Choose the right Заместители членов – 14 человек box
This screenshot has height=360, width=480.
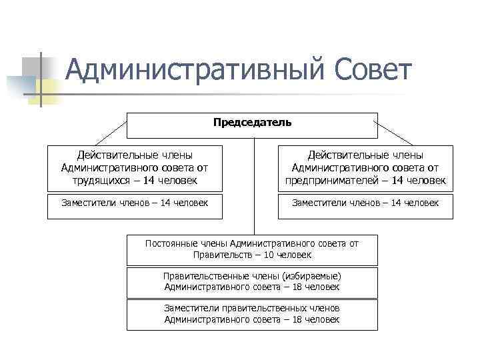(x=365, y=206)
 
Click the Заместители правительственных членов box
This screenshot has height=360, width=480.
(x=252, y=314)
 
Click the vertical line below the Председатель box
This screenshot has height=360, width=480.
(x=253, y=187)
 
